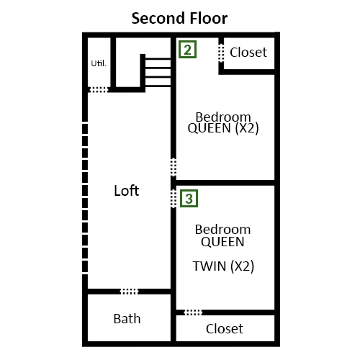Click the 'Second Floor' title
(179, 18)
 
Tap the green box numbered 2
(187, 50)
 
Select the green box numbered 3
(189, 199)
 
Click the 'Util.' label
(99, 63)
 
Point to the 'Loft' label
(127, 191)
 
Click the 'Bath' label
(127, 319)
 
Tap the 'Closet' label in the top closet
(248, 52)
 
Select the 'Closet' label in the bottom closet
(225, 328)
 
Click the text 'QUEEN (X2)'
(223, 128)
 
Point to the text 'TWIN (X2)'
(223, 266)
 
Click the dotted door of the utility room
(99, 90)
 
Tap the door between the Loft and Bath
(129, 292)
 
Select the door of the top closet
(221, 53)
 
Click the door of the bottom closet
(193, 312)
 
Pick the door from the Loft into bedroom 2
(174, 167)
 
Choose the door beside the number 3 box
(174, 199)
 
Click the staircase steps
(158, 72)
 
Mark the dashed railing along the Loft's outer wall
(85, 198)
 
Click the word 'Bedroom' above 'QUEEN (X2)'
(223, 117)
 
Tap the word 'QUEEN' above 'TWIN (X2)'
(222, 242)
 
